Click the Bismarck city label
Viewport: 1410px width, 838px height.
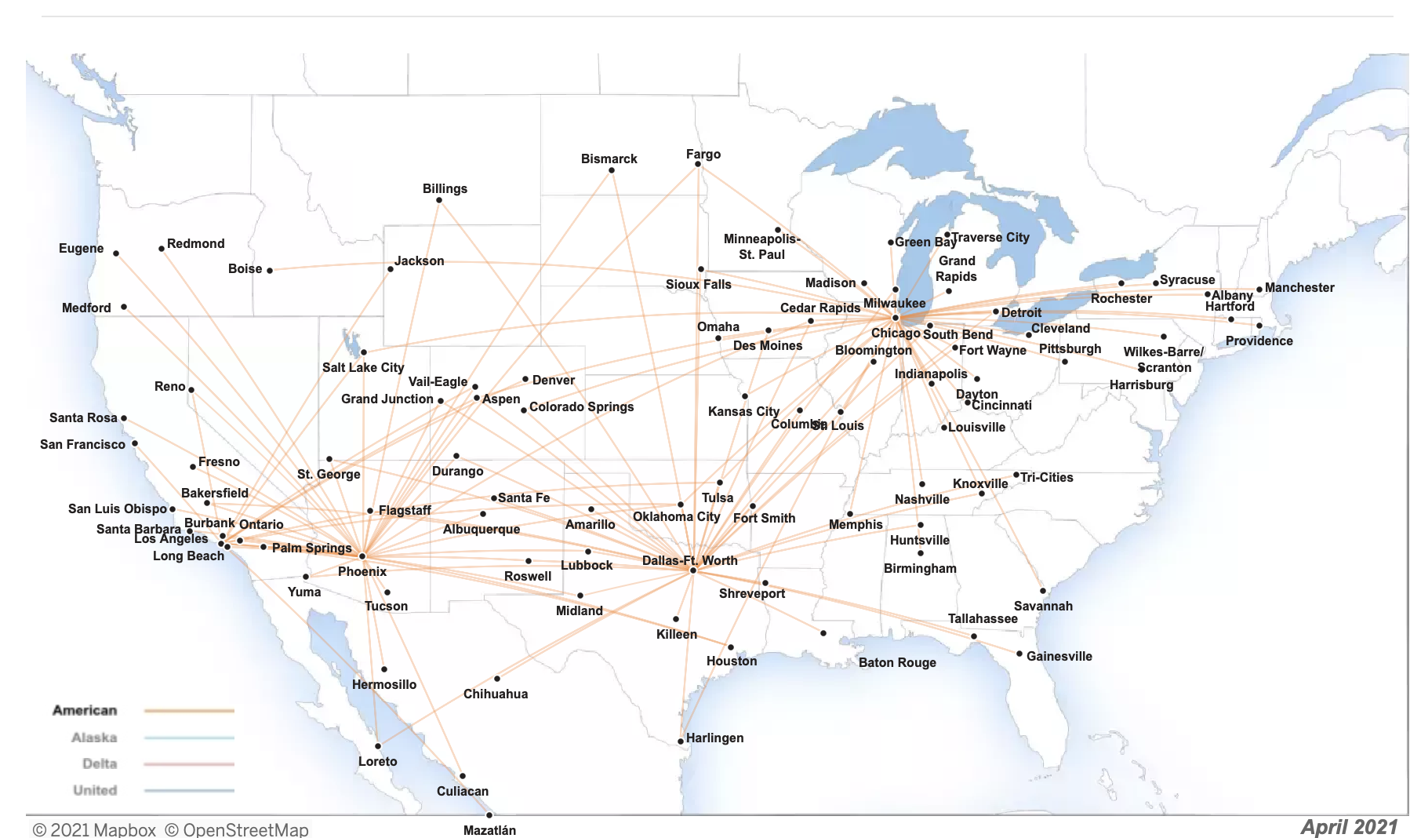(609, 158)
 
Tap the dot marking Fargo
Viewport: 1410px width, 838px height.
(698, 164)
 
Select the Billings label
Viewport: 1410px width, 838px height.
(445, 188)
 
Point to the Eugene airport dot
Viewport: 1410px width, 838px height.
(116, 253)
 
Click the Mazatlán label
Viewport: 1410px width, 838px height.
(489, 830)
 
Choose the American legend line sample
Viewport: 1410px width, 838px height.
(189, 711)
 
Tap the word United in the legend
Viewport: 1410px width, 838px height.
(95, 790)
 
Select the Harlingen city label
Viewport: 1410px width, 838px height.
(714, 738)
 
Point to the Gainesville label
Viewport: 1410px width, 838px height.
(1059, 656)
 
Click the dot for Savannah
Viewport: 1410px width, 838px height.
(1043, 591)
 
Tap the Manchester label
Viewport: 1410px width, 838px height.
(1299, 287)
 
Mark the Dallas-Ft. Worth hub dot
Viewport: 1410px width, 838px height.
(693, 570)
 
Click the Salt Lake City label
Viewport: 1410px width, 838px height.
(363, 367)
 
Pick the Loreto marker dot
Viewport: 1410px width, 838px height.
(378, 746)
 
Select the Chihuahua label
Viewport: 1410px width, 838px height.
(495, 694)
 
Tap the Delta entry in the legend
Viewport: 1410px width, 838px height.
(100, 763)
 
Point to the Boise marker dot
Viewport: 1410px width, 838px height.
(270, 271)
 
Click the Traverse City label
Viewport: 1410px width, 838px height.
(990, 237)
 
